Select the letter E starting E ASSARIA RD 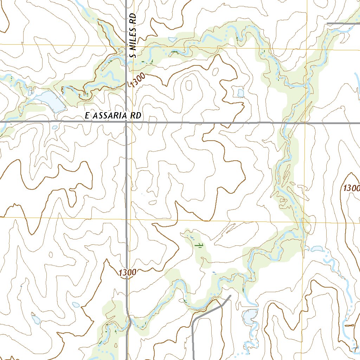[87, 116]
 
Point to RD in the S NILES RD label [133, 19]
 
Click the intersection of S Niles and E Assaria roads [127, 122]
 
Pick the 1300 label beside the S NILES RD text [136, 81]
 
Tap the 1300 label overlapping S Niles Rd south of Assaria [127, 272]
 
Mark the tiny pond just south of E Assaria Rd [54, 127]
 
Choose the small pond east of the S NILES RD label [172, 39]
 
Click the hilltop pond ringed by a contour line [240, 93]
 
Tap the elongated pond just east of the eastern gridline [317, 249]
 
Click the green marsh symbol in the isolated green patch [199, 245]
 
